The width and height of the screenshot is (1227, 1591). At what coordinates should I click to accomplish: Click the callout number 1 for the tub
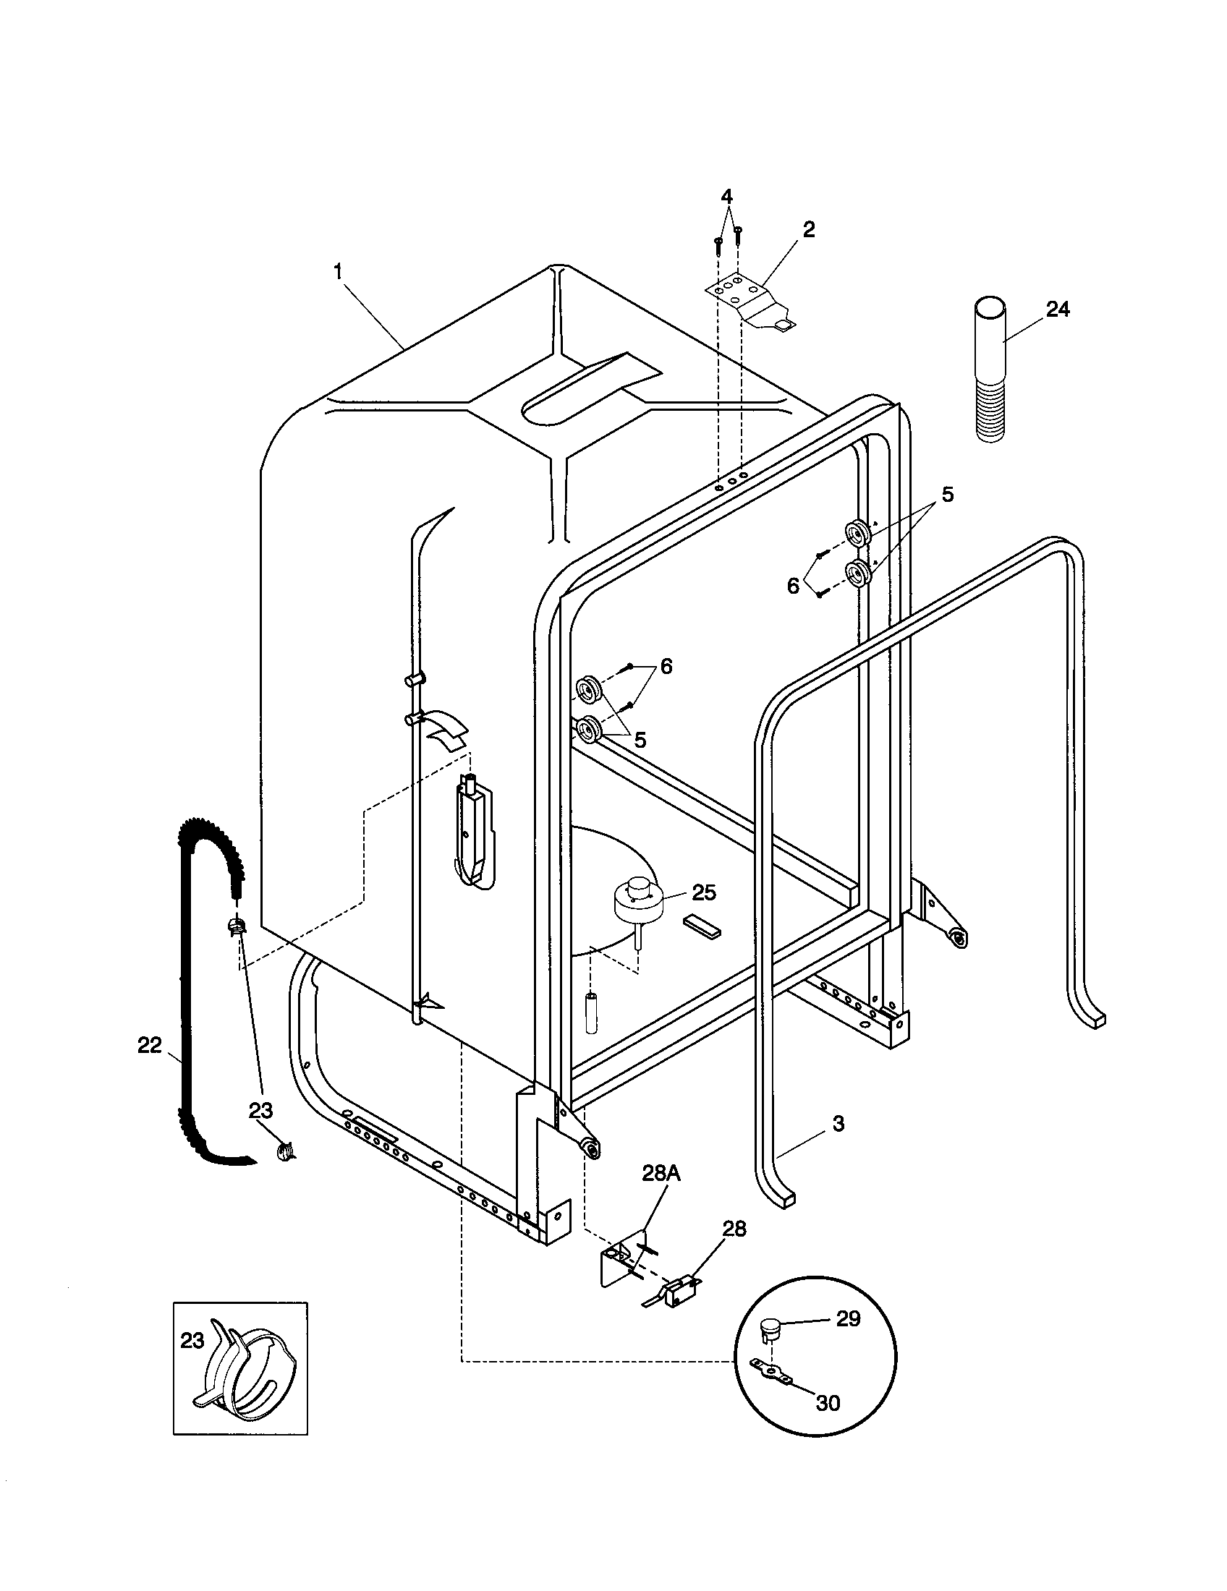click(x=337, y=272)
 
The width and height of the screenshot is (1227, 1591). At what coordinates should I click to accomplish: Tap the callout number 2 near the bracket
click(x=809, y=229)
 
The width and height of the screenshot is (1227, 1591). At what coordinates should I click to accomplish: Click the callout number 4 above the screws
click(x=726, y=196)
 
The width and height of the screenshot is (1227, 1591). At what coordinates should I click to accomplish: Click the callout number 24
click(x=1057, y=309)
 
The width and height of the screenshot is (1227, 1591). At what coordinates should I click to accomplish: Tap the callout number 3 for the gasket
click(x=838, y=1123)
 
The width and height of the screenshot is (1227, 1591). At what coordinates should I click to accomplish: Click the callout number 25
click(x=704, y=892)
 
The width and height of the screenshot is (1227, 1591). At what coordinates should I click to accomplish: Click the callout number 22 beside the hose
click(x=149, y=1045)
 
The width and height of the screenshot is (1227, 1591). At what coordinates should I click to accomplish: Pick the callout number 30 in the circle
click(x=828, y=1403)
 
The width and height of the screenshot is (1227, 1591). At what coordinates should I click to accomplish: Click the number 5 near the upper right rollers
click(x=946, y=495)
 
